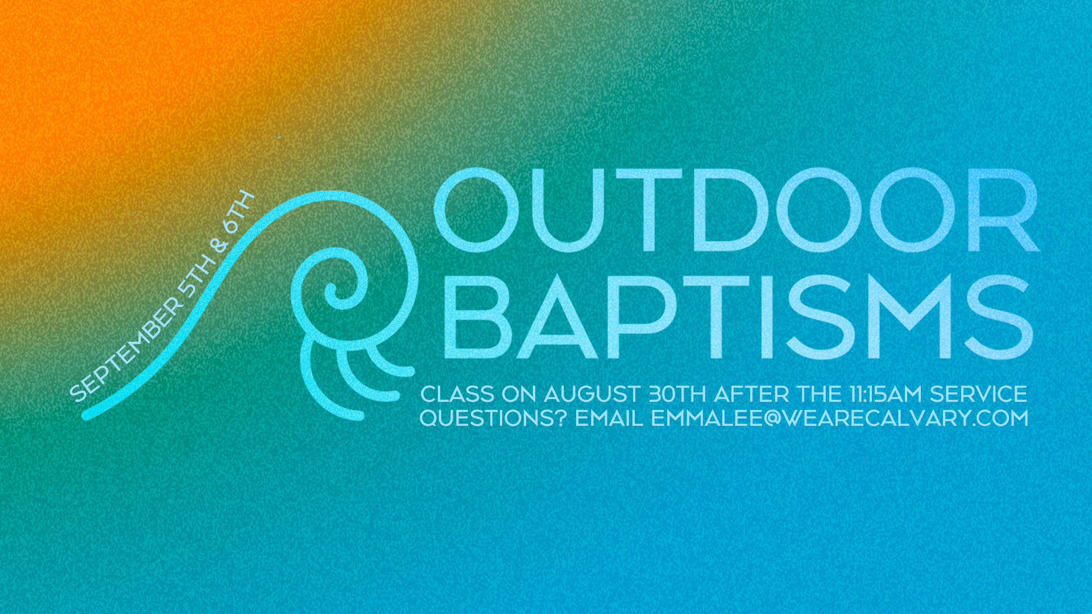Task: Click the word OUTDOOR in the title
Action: point(737,210)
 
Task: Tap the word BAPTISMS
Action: point(737,317)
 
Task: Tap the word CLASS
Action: point(457,394)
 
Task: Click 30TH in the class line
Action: point(677,394)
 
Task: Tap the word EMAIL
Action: point(609,418)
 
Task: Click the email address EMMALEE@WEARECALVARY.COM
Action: point(839,418)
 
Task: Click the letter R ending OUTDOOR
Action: point(1004,210)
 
